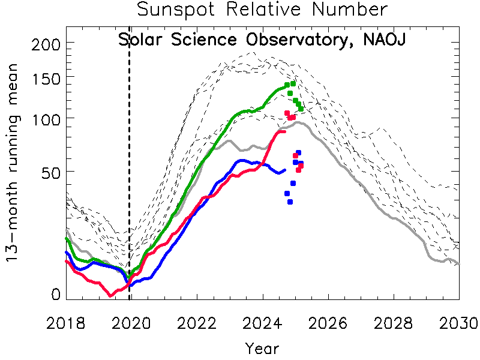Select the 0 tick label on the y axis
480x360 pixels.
(x=55, y=294)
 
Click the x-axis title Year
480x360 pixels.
(x=262, y=347)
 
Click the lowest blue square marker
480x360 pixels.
(x=290, y=202)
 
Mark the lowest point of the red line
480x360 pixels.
(x=110, y=295)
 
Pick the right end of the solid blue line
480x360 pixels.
(x=284, y=170)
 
